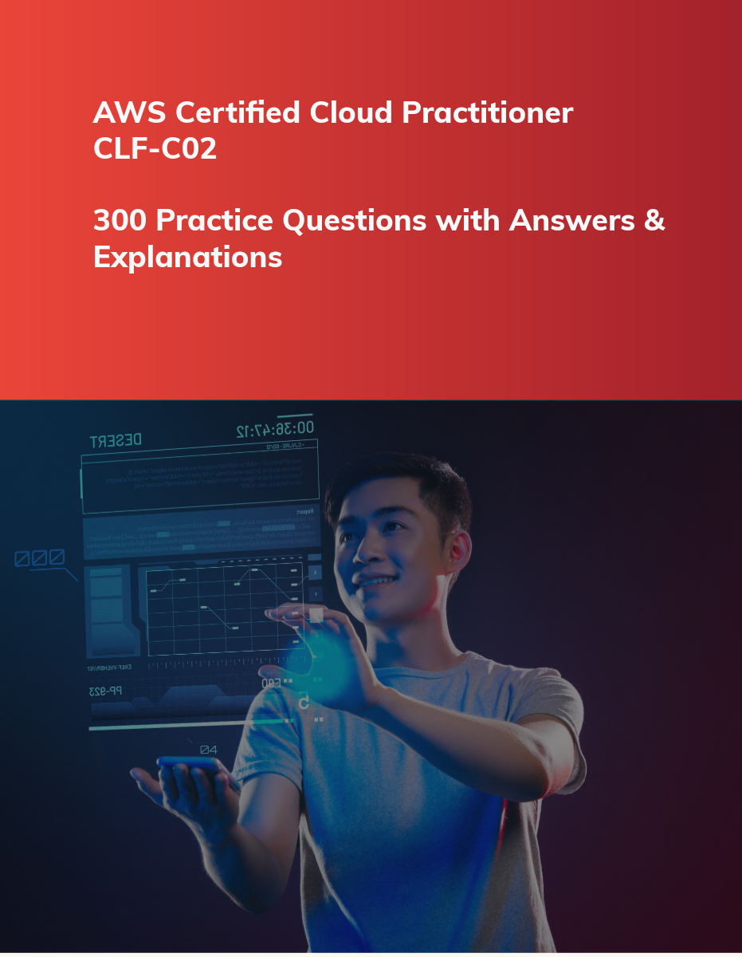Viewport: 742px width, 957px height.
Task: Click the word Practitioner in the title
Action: pyautogui.click(x=487, y=113)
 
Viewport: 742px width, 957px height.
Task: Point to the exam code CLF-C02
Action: pyautogui.click(x=155, y=149)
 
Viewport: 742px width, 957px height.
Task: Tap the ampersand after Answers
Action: pyautogui.click(x=654, y=221)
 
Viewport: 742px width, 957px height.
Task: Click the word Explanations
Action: pyautogui.click(x=187, y=257)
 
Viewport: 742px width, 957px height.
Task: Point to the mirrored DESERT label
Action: pyautogui.click(x=116, y=440)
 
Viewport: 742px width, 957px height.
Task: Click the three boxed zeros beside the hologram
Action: pyautogui.click(x=40, y=557)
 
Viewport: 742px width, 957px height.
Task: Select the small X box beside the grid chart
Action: pyautogui.click(x=316, y=573)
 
